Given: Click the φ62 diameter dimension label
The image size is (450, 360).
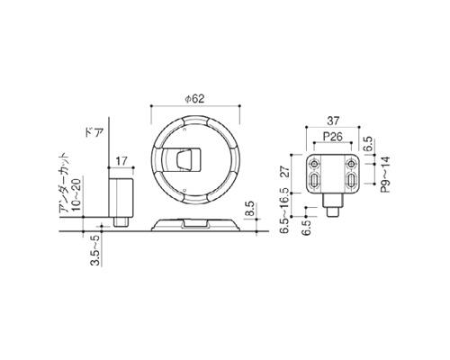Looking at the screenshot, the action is click(194, 99).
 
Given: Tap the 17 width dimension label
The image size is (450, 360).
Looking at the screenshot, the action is click(121, 161).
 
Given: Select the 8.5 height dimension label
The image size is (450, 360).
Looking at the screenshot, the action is click(250, 209).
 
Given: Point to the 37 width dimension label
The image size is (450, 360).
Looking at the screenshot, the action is click(333, 121).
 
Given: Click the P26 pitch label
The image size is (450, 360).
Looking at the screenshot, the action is click(333, 137).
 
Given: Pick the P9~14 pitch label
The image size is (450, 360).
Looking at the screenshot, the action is click(385, 174).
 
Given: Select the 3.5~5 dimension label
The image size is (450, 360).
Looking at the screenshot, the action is click(94, 250).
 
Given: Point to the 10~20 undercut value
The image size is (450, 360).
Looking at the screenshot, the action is click(76, 194).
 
